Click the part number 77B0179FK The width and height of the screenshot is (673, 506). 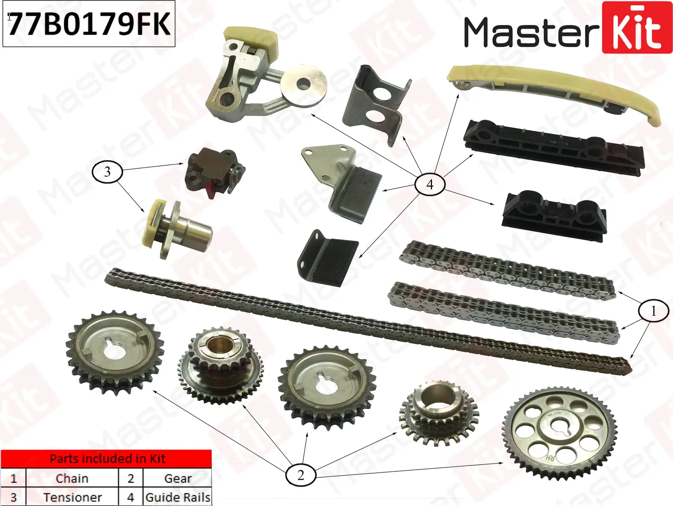tap(89, 24)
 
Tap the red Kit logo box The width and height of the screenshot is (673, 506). tap(637, 28)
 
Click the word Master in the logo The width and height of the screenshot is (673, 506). tap(531, 32)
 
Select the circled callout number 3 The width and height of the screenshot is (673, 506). tap(107, 172)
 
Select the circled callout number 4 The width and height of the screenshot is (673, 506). tap(430, 184)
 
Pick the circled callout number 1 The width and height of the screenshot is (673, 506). tap(653, 311)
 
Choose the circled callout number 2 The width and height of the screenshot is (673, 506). tap(301, 475)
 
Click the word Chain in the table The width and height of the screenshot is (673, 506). tap(72, 479)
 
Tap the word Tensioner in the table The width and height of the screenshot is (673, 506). tap(72, 497)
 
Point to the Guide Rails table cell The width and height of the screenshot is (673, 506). tap(178, 497)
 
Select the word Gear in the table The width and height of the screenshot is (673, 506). tap(178, 479)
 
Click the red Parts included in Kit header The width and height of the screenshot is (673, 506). tap(107, 459)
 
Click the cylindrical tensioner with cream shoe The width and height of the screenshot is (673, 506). tap(177, 229)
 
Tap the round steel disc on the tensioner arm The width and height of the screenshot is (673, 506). tap(304, 84)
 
